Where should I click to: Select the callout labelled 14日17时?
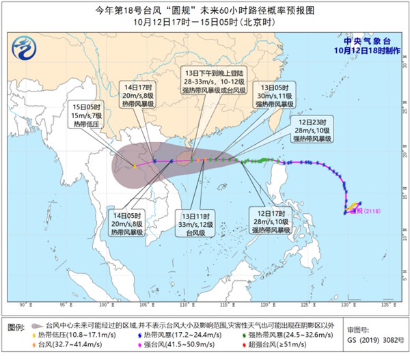[x=133, y=93]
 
